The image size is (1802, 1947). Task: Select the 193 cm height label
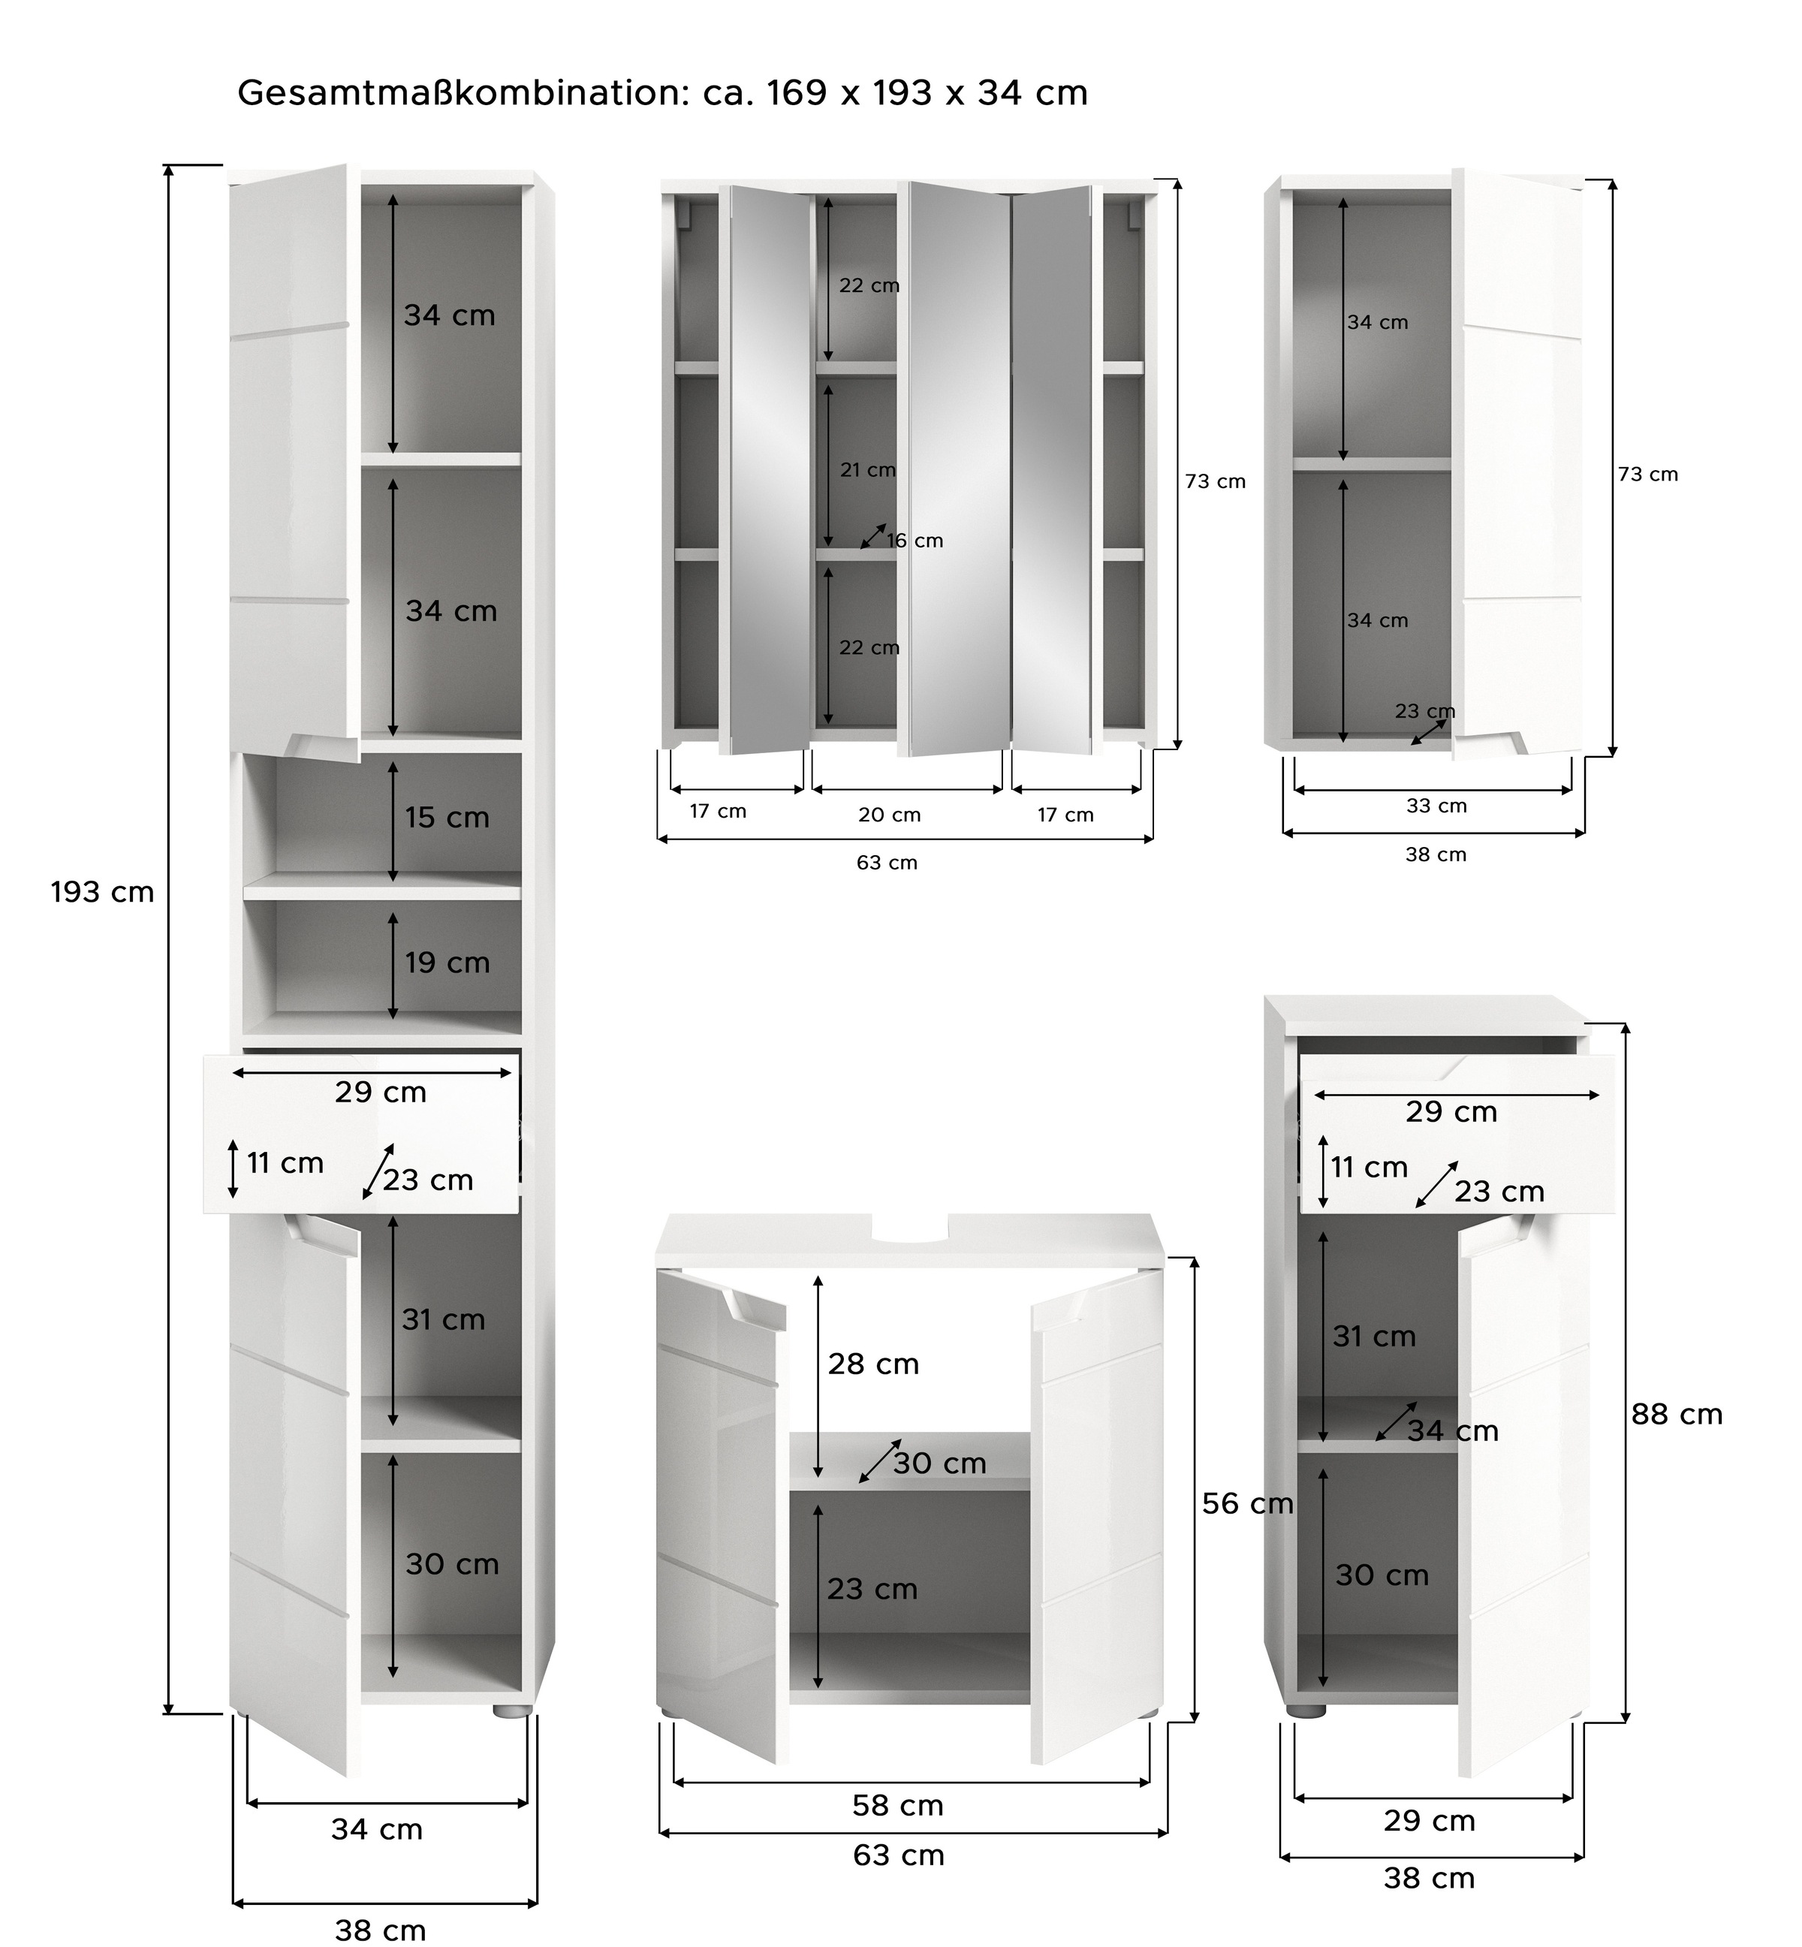[x=102, y=893]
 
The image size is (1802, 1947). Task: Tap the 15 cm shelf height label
[x=447, y=818]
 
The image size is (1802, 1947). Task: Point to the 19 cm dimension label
[x=447, y=963]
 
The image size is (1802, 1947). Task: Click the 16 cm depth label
[x=915, y=541]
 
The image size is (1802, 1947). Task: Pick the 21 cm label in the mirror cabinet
[x=868, y=470]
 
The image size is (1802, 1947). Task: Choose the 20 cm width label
[x=889, y=815]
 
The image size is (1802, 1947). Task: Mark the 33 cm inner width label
[x=1436, y=806]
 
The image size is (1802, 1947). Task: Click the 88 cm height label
[x=1677, y=1415]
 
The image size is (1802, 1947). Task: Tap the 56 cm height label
[x=1247, y=1505]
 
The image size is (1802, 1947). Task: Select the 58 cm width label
[x=898, y=1807]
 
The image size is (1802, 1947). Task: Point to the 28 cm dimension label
[x=874, y=1365]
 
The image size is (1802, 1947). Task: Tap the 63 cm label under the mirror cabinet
[x=887, y=863]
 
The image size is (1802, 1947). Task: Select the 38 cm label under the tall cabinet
[x=380, y=1930]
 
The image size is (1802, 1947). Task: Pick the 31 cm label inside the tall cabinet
[x=444, y=1320]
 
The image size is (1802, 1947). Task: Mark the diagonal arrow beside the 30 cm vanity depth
[x=881, y=1461]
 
